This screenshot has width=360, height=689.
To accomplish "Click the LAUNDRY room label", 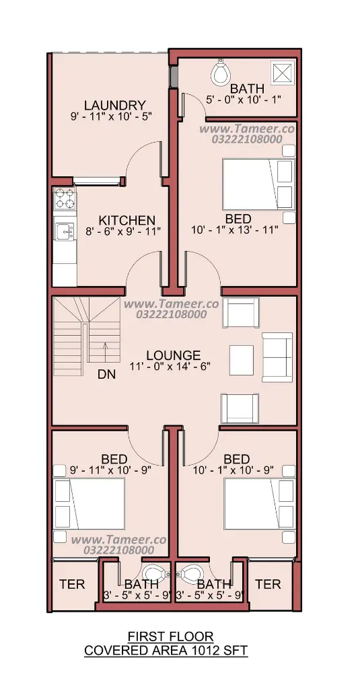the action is coord(114,106).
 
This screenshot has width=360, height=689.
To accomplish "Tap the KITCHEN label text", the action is coord(127,220).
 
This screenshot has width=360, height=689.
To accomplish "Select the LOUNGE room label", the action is coord(173,355).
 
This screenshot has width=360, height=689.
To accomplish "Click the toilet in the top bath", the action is coord(221,72).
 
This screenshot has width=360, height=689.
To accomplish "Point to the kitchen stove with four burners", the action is coord(64,198).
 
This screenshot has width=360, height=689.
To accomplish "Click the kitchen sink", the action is coord(64,231).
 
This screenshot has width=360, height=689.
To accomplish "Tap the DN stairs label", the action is coord(106,374).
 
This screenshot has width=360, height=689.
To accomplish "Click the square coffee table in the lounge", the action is coord(242,361).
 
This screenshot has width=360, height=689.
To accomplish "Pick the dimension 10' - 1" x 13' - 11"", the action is coord(235,229).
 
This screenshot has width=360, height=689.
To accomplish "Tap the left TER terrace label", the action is coord(72,584).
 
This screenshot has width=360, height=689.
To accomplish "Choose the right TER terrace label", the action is coord(268,584).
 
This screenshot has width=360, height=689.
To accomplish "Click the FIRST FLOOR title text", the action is coord(170,637).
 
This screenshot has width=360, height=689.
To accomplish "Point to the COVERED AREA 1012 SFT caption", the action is coord(166,651).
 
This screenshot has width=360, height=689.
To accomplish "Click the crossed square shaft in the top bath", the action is coord(282,72).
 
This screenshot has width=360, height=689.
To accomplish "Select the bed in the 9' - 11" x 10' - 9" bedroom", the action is coord(89,503).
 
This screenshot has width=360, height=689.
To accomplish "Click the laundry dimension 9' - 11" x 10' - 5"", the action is coord(114,116).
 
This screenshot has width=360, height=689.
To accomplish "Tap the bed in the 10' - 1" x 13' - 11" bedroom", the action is coord(258,184).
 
